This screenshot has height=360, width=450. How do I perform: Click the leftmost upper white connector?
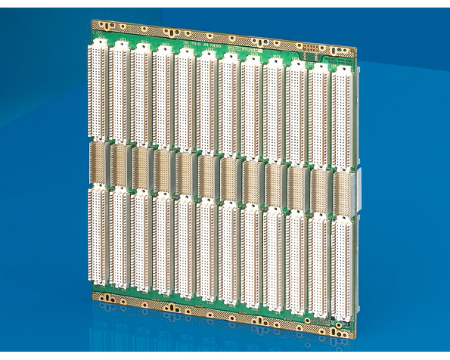coord(99,89)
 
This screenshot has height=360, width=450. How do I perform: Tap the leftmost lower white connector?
coord(98,234)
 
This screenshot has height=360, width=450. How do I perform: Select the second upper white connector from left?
coord(120,92)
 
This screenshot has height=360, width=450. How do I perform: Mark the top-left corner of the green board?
coord(93,21)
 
